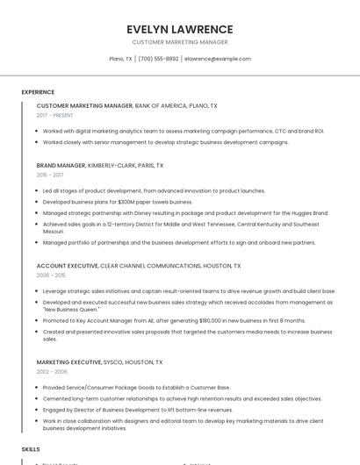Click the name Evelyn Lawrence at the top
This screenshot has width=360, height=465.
[x=179, y=29]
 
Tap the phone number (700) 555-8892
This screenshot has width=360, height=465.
[x=158, y=59]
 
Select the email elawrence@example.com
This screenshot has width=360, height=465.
[x=218, y=59]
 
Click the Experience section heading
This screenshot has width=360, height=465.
[x=38, y=92]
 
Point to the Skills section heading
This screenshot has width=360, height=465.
[x=31, y=449]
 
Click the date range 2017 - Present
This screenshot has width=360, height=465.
[x=55, y=116]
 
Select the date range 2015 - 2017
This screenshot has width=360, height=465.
[x=50, y=175]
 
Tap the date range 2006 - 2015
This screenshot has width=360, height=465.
[x=51, y=275]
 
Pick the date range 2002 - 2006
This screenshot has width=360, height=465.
[x=51, y=372]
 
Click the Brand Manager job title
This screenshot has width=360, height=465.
[x=61, y=165]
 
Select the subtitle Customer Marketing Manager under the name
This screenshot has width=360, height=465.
[x=179, y=42]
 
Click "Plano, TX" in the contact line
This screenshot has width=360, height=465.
[x=120, y=59]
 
